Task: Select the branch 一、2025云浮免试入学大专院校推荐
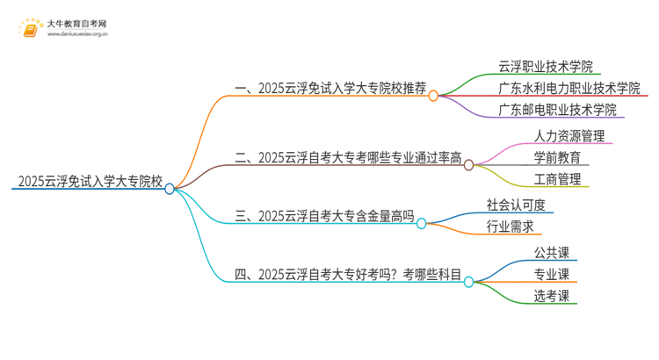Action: [x=330, y=89]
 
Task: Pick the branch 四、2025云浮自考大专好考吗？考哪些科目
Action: [x=348, y=275]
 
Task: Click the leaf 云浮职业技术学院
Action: [x=546, y=66]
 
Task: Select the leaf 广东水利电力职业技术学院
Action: [x=569, y=88]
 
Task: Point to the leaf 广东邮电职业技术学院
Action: [x=557, y=110]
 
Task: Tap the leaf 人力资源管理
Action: [x=568, y=136]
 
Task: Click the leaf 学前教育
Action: [x=556, y=158]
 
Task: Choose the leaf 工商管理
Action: [x=556, y=180]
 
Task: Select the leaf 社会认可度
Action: [x=516, y=205]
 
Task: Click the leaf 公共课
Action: [x=551, y=252]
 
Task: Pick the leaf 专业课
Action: [x=551, y=274]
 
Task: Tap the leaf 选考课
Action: [x=551, y=296]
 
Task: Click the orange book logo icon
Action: [x=31, y=29]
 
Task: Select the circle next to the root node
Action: [x=170, y=188]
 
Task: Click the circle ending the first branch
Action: [x=433, y=96]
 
